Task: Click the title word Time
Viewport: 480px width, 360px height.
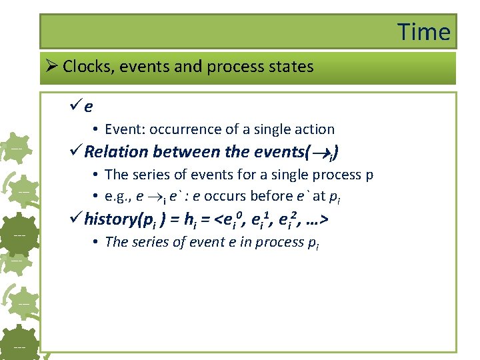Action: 424,31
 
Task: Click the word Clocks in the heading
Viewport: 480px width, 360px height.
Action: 87,67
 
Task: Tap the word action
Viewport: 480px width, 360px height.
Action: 313,129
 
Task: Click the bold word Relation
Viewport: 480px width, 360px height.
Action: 116,152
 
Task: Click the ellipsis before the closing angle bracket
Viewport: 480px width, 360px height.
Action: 312,220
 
